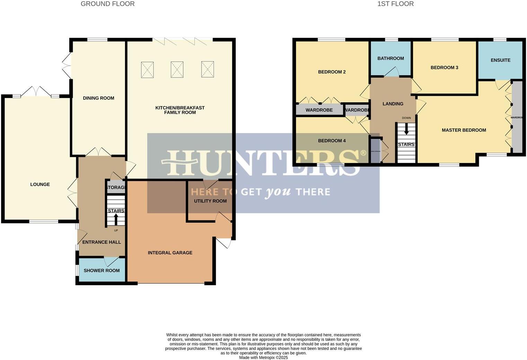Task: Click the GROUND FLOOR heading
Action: (107, 4)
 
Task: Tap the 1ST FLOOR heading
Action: (395, 4)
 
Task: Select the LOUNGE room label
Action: (40, 184)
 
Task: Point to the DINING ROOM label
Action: (98, 98)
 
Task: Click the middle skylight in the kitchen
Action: (177, 70)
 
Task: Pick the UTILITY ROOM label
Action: (210, 201)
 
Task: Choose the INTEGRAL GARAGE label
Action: (170, 253)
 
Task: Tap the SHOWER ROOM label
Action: (101, 270)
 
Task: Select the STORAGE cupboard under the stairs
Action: (116, 188)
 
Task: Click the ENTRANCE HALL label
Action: (101, 242)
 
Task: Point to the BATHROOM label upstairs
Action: (391, 58)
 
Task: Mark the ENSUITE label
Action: (500, 60)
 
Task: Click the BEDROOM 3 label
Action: (444, 67)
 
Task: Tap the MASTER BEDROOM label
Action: (464, 130)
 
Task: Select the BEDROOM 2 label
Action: (332, 72)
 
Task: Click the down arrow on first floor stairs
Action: (407, 130)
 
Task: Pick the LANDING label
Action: (393, 104)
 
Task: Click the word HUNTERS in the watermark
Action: (263, 163)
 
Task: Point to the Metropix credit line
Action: (263, 358)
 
